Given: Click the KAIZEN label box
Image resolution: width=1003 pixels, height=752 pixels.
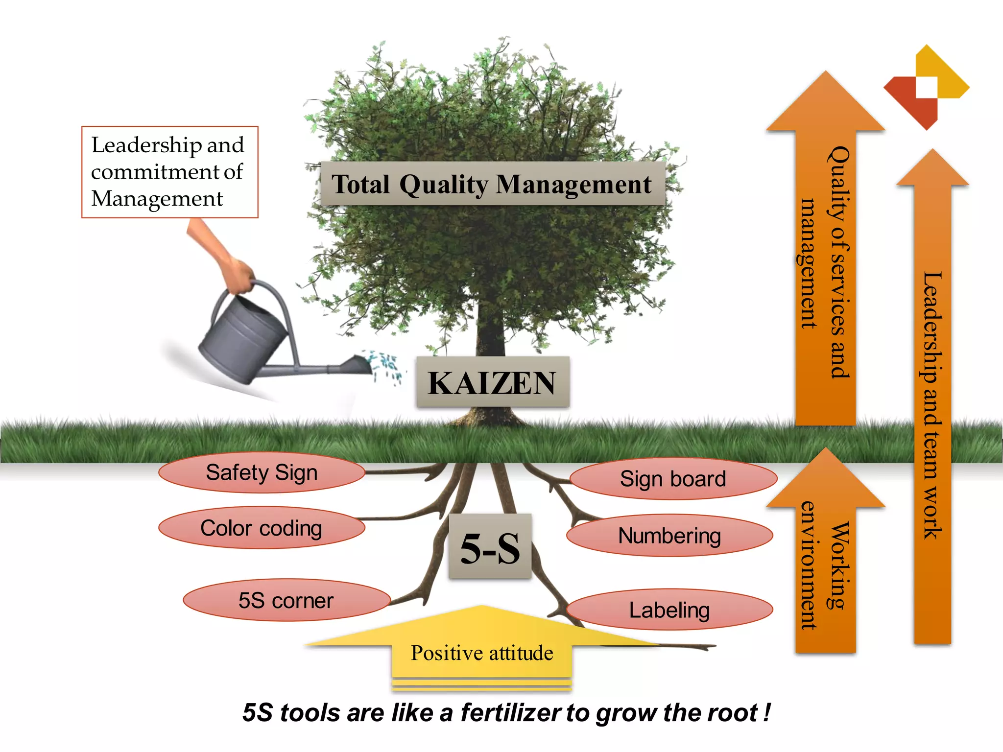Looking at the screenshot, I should (x=492, y=382).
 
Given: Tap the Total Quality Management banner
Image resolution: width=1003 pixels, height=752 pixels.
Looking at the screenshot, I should (x=492, y=184).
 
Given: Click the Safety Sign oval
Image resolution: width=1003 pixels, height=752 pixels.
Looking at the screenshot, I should (x=262, y=473).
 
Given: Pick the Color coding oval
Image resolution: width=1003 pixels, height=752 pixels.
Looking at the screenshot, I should (x=262, y=528).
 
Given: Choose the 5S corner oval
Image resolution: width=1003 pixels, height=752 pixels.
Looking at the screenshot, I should (x=287, y=601).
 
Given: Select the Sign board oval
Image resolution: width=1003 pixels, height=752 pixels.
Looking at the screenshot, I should (x=673, y=479).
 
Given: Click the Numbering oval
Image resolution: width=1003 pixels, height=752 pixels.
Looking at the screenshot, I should (x=669, y=536).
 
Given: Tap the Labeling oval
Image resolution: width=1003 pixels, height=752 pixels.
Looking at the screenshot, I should (x=669, y=610).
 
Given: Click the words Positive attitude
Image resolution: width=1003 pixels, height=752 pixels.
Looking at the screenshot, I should (x=482, y=653).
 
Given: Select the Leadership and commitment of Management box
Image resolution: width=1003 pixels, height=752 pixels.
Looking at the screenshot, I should (x=169, y=172).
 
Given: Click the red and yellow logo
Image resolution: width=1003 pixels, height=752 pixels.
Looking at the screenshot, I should (x=926, y=88).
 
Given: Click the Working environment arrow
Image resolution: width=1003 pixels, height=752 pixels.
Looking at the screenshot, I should (x=826, y=563).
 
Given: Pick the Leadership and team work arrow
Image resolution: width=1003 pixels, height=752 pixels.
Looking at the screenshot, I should (x=932, y=406).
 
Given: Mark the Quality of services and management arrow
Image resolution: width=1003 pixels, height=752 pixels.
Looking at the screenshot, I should (x=826, y=264).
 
